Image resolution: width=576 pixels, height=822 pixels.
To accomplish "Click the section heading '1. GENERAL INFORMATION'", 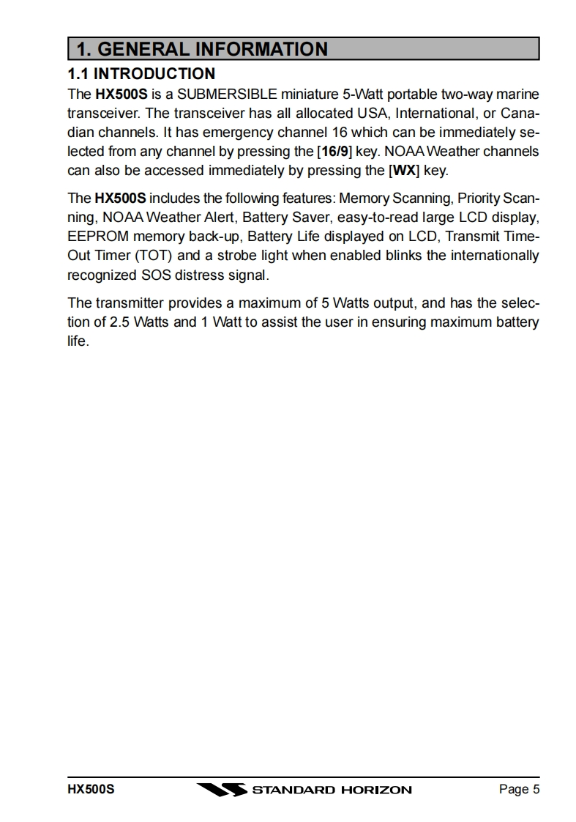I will pyautogui.click(x=202, y=49).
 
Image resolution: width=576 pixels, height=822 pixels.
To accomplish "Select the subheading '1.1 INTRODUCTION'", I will pyautogui.click(x=141, y=73).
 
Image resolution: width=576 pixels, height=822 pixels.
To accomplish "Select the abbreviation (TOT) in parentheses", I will pyautogui.click(x=152, y=256).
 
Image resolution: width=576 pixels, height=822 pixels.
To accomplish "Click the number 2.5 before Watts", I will pyautogui.click(x=121, y=322).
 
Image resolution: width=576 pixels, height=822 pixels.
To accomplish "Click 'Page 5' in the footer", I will pyautogui.click(x=519, y=789).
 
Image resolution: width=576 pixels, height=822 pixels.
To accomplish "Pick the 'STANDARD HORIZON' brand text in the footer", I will pyautogui.click(x=332, y=790).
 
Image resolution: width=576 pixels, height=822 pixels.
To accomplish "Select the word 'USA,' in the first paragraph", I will pyautogui.click(x=373, y=114).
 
